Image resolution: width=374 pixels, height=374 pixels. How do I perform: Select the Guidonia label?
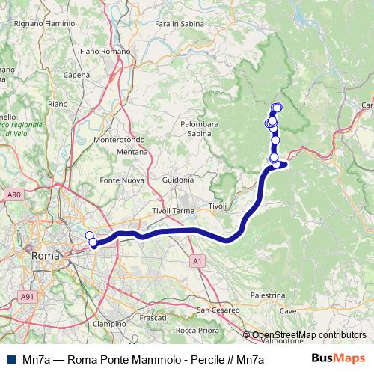pyautogui.click(x=177, y=180)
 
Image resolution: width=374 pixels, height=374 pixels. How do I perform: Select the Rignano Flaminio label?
pyautogui.click(x=47, y=24)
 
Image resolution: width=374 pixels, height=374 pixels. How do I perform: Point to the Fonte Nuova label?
pyautogui.click(x=122, y=180)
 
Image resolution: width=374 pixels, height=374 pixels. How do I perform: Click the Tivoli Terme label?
pyautogui.click(x=172, y=211)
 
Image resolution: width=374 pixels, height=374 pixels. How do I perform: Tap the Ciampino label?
pyautogui.click(x=108, y=324)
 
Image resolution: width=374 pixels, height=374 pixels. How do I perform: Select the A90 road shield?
pyautogui.click(x=13, y=194)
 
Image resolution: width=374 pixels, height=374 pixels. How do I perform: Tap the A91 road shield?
pyautogui.click(x=28, y=297)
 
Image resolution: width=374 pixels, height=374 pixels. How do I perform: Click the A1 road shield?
pyautogui.click(x=197, y=261)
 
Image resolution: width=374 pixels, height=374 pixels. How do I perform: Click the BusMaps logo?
pyautogui.click(x=337, y=358)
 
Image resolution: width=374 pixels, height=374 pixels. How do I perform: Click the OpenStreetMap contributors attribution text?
pyautogui.click(x=309, y=335)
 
